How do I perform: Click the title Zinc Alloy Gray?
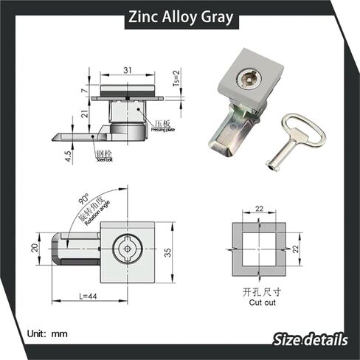click(x=179, y=15)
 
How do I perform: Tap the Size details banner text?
click(x=310, y=340)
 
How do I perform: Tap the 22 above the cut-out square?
click(x=259, y=210)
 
